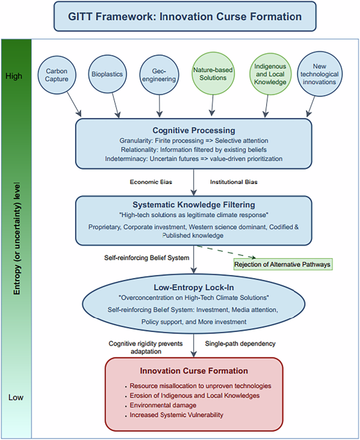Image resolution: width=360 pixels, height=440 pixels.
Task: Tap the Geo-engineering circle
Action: pos(159,73)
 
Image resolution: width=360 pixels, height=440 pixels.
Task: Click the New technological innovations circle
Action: pos(320,73)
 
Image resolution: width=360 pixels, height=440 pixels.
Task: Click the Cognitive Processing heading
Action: pos(194,130)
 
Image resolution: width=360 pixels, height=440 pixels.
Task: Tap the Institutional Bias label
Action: pos(234,182)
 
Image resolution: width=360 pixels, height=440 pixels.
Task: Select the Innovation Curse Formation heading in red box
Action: pos(194,371)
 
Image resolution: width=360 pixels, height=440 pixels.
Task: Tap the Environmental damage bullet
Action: pos(164,405)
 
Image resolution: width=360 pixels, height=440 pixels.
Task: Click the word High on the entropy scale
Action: pos(13,76)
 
